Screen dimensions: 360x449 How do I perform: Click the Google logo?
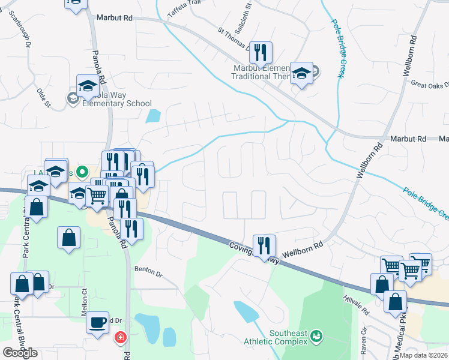tap(20, 353)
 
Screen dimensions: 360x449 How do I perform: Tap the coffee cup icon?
tap(96, 323)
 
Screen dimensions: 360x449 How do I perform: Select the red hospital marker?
tap(121, 338)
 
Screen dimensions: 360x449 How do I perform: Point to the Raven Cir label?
tap(363, 342)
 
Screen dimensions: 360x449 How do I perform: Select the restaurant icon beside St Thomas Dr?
tap(261, 53)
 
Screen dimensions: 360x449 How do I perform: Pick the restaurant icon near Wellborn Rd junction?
tap(264, 245)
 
